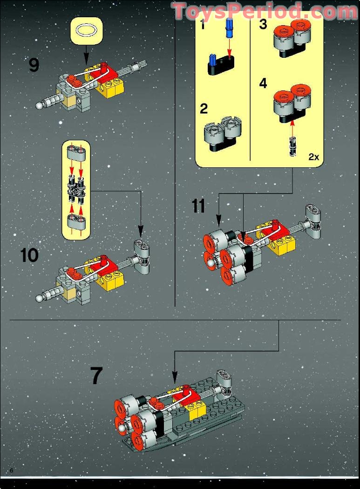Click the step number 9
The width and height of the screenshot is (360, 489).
tap(34, 64)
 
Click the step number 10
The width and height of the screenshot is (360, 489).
tap(29, 255)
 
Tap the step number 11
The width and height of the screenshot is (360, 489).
tap(198, 206)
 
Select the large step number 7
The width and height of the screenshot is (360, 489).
tap(96, 376)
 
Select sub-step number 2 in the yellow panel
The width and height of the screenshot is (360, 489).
tap(204, 109)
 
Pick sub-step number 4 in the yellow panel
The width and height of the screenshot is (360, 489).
tap(263, 84)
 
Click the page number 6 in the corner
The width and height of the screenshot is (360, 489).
tap(11, 470)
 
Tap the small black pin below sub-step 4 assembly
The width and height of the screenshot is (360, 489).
tap(292, 146)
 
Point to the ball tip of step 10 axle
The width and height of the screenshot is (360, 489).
tap(39, 297)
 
